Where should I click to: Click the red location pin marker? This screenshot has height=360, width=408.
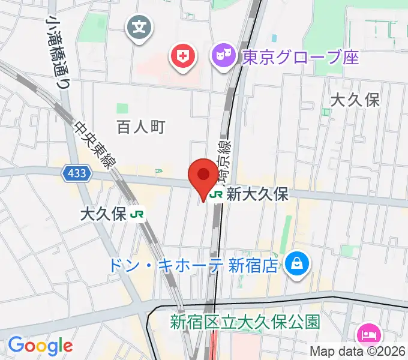point(203,176)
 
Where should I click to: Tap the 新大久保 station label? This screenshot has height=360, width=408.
point(257,194)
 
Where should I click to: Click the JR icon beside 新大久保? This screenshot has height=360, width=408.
point(217,194)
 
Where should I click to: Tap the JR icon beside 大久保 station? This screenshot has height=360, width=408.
point(138,214)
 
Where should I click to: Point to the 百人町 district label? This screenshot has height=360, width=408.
point(140,127)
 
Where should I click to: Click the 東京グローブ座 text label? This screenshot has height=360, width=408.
point(300,58)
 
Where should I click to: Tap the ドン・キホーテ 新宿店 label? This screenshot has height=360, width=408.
point(194,265)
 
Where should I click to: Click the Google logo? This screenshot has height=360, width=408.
point(40,346)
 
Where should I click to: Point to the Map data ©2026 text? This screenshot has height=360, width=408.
point(358,352)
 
